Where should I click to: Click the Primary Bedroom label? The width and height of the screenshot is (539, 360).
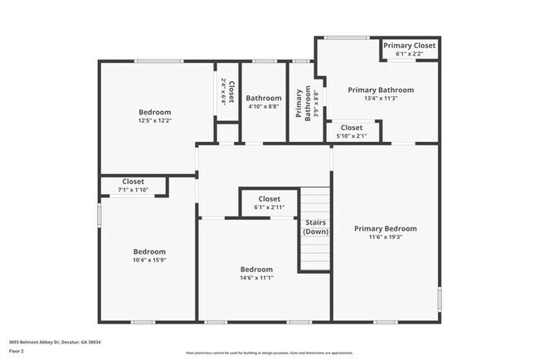[385, 228]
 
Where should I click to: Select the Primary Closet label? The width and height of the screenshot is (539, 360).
[409, 45]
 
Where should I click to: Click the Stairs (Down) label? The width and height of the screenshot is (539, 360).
[315, 227]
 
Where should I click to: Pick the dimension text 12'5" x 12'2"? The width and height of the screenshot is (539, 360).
[154, 121]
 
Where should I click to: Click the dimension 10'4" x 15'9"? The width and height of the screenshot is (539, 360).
[150, 260]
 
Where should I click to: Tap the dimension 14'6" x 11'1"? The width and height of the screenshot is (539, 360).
[256, 278]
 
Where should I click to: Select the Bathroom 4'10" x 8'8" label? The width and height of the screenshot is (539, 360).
[264, 102]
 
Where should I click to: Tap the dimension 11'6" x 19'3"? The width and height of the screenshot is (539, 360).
[385, 237]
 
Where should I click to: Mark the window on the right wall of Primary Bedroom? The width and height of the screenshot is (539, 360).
[439, 298]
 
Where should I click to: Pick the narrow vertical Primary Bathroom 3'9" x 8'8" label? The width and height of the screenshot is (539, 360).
[304, 105]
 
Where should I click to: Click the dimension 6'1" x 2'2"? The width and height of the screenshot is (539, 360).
[409, 54]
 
